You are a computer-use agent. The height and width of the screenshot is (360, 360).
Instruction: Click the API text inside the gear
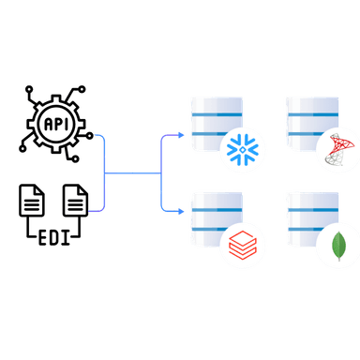click(55, 121)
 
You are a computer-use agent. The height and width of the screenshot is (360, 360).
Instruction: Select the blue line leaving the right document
click(98, 208)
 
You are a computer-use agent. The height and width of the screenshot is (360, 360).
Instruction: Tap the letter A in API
click(46, 121)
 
